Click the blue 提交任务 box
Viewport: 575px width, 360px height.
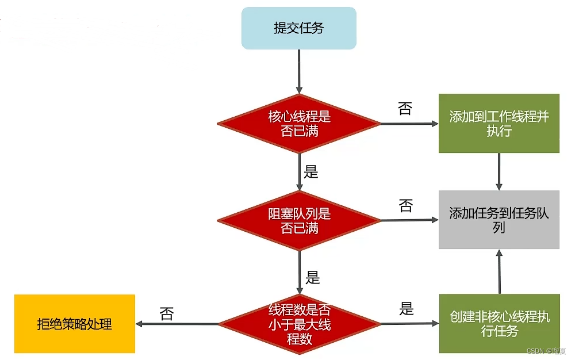pos(299,28)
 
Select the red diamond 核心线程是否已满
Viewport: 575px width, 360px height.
pos(299,124)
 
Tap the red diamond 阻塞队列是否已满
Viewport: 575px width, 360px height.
pos(299,220)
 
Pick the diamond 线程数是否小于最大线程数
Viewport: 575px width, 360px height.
pos(299,324)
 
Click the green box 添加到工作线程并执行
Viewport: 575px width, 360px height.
pos(499,123)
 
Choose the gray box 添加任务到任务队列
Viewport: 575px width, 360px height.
pos(499,220)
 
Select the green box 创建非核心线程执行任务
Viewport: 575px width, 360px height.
pos(500,323)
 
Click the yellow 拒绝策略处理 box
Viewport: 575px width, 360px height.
pos(75,324)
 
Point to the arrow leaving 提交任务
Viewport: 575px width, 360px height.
pos(299,71)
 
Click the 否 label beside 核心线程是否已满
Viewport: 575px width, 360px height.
pos(405,109)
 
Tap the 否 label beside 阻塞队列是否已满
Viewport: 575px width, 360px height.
pos(406,206)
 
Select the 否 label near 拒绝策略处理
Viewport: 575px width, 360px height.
pos(167,314)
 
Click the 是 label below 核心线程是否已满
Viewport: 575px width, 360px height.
pos(311,171)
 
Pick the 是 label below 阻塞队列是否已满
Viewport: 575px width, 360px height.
pos(313,278)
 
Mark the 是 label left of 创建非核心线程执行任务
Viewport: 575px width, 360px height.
pos(407,309)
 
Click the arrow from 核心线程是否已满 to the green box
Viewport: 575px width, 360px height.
pos(410,124)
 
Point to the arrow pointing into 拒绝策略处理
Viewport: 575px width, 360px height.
pos(177,324)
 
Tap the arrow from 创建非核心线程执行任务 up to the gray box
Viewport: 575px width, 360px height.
pos(499,271)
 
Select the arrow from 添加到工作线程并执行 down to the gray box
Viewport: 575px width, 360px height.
pos(499,171)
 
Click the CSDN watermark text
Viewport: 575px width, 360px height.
pos(546,351)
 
